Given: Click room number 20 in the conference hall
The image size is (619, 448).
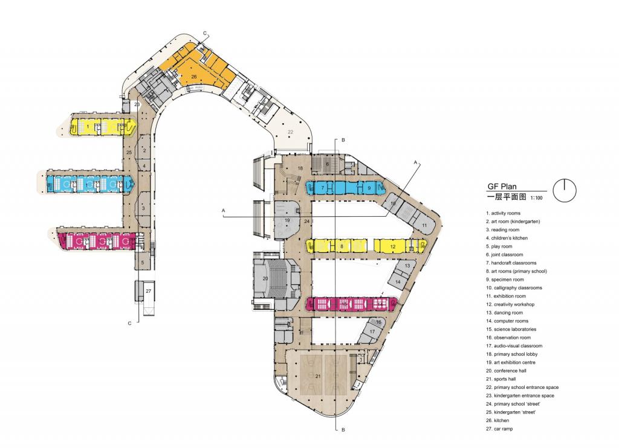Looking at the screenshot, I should [265, 278].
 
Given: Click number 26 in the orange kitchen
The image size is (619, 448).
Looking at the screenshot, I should [194, 77].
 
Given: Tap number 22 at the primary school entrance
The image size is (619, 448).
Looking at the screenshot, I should [290, 132].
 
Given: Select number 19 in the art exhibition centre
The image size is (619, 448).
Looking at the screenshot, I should [287, 221].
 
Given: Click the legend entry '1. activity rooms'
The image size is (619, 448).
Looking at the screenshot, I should [503, 213].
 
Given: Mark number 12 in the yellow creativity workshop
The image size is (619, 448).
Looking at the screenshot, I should [392, 246].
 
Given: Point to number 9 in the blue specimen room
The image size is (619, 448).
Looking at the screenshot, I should [368, 188].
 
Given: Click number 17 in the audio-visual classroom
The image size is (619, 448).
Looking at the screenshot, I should [373, 331].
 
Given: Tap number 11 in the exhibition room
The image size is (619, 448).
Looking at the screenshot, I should [424, 225].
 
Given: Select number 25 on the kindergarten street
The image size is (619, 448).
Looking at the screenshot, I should [129, 153].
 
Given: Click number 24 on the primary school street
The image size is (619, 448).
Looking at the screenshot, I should [306, 222].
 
